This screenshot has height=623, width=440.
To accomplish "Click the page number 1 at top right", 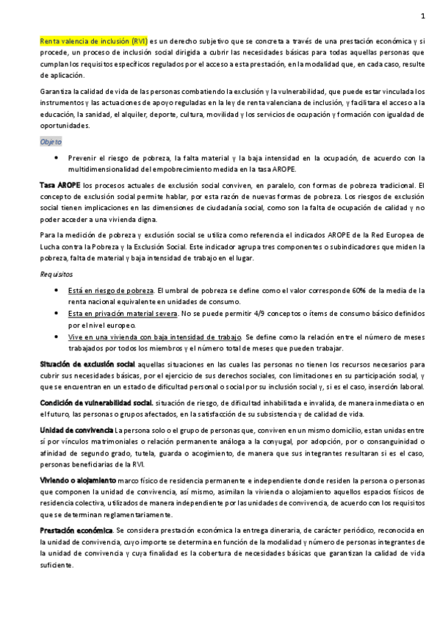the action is (422, 16).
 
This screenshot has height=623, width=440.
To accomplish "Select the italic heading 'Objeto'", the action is (51, 141).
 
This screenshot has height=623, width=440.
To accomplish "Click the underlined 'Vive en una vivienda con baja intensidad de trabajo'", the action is (155, 336).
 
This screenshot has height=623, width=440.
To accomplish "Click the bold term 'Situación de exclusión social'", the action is (87, 364).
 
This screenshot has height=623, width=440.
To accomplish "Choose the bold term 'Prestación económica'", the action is (76, 530).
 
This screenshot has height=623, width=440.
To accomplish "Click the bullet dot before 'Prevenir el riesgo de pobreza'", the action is (57, 157).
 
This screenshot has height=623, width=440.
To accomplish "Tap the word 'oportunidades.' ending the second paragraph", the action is (65, 125).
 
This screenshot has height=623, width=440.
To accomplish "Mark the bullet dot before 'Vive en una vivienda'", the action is (57, 336).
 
